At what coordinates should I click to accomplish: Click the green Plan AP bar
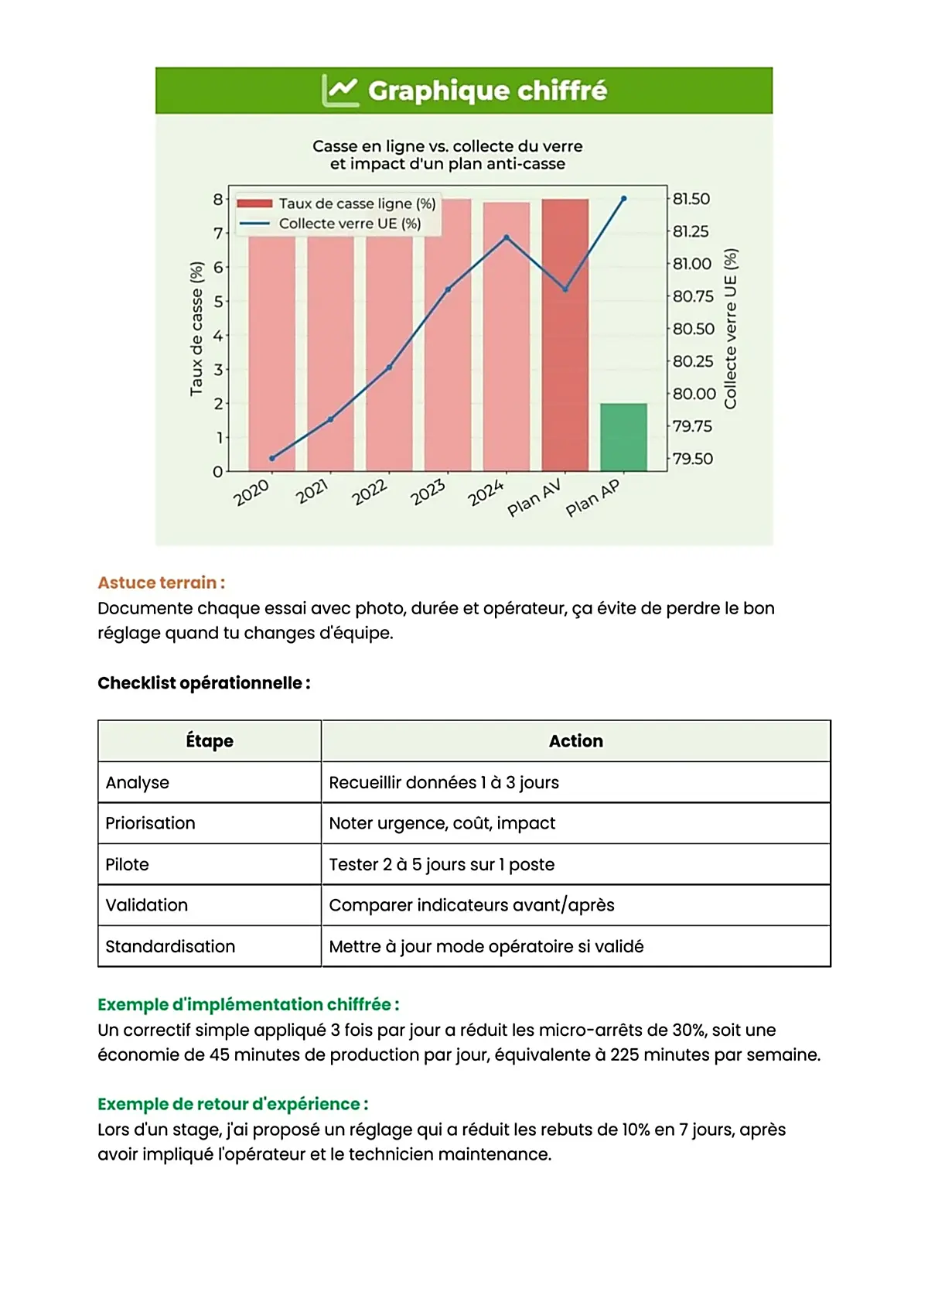(x=623, y=437)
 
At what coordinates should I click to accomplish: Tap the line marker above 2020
(x=272, y=458)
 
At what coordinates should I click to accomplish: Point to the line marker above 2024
(x=507, y=238)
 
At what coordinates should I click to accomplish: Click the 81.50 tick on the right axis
(x=691, y=199)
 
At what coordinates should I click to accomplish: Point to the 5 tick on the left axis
(x=218, y=301)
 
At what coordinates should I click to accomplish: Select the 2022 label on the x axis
(x=369, y=492)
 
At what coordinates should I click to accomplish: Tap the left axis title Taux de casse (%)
(x=196, y=329)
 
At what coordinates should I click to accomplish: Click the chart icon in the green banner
(x=340, y=91)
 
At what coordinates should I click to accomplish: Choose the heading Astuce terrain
(x=161, y=583)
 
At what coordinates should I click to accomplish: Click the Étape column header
(x=210, y=740)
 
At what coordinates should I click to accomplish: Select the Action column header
(x=575, y=740)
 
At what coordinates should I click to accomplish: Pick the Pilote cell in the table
(x=127, y=864)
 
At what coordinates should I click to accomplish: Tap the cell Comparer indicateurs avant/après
(x=471, y=905)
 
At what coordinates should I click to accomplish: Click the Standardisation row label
(x=170, y=946)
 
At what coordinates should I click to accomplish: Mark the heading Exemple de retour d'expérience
(x=233, y=1104)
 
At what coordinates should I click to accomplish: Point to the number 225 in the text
(x=624, y=1054)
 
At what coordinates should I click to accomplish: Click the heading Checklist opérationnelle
(x=203, y=683)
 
